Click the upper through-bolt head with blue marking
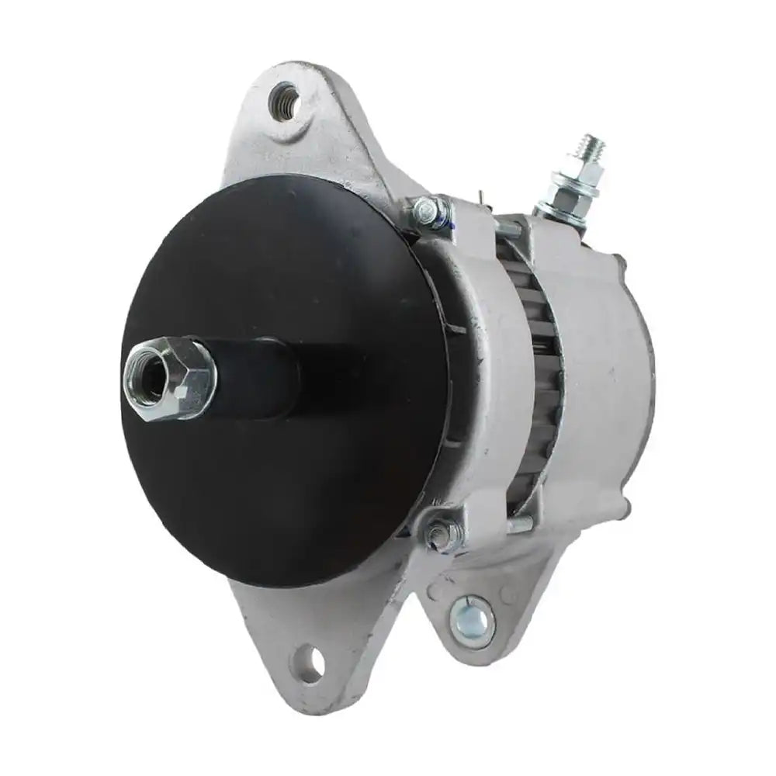pos(428,210)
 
